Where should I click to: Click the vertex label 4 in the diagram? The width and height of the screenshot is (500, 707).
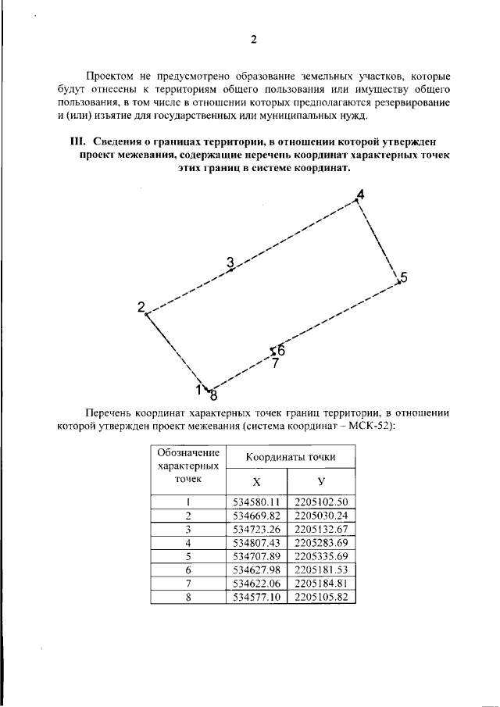(359, 193)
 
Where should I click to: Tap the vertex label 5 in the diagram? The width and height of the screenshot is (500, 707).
(403, 277)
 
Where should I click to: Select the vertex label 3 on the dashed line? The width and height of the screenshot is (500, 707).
(230, 262)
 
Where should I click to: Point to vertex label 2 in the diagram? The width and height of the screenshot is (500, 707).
(141, 305)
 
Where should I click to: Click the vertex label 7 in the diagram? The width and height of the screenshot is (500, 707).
(275, 362)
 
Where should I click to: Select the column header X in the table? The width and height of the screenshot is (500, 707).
(256, 481)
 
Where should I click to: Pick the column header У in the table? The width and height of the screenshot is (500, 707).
(321, 481)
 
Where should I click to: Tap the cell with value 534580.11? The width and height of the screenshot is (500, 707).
(256, 502)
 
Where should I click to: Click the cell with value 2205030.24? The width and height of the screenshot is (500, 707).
(321, 516)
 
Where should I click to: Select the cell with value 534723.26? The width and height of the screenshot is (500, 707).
(256, 530)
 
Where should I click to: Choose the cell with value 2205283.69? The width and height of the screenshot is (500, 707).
(321, 543)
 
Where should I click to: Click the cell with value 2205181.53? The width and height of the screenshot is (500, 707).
(321, 570)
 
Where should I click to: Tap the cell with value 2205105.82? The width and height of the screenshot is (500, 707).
(321, 598)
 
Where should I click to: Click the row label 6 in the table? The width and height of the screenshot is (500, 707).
(188, 570)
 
